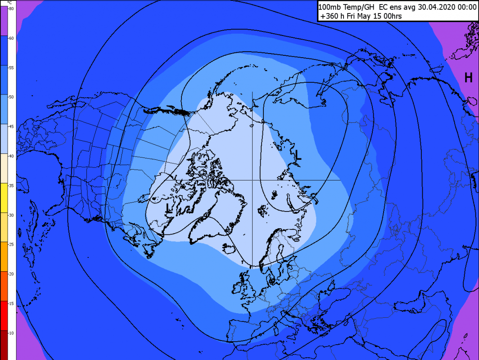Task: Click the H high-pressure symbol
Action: click(468, 78)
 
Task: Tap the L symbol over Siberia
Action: click(298, 156)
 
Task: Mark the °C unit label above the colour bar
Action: click(11, 3)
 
